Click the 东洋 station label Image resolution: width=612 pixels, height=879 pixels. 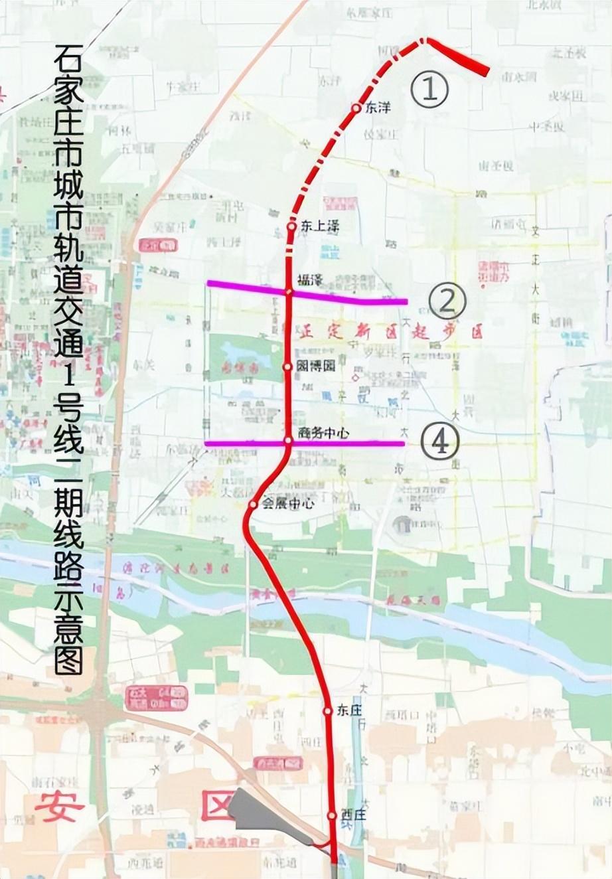(x=379, y=108)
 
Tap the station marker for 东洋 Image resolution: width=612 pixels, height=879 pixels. (x=356, y=108)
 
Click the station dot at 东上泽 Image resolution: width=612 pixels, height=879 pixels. (x=291, y=226)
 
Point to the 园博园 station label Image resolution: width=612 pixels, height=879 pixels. (x=317, y=366)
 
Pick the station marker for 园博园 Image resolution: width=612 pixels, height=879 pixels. (x=288, y=366)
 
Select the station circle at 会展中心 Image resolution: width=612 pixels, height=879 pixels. (x=253, y=505)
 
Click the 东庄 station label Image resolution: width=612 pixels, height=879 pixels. (x=350, y=710)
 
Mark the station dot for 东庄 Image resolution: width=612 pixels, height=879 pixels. (x=327, y=711)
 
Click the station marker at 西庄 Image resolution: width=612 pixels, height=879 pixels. (x=332, y=815)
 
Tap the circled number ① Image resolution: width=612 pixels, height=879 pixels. (x=429, y=90)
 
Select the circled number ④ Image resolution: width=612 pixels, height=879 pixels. (x=440, y=441)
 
